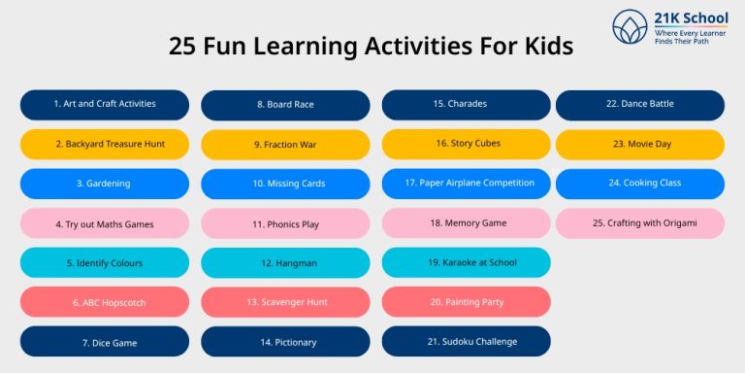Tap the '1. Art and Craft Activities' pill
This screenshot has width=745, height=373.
point(105,104)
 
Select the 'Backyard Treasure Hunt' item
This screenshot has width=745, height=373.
point(105,144)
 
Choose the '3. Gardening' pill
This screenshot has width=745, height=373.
point(105,184)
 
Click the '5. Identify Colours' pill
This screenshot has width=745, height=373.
point(105,262)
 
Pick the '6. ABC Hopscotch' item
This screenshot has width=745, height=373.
point(105,302)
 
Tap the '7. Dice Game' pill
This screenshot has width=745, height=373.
point(105,342)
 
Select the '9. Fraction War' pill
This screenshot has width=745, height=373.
point(285,145)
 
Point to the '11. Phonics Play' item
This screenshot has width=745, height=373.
point(285,223)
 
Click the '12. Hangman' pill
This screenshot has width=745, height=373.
point(285,262)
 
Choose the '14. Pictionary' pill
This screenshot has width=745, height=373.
point(285,342)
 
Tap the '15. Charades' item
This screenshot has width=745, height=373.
point(466,104)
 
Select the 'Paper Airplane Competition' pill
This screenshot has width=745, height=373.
point(466,184)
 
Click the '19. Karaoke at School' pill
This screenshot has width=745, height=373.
point(466,262)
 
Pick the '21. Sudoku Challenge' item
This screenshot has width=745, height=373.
point(466,342)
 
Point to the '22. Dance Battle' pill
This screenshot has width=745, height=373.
point(640,104)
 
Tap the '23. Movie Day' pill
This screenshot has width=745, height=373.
point(640,144)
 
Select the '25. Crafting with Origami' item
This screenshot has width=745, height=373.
point(640,223)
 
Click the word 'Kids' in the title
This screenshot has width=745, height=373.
point(544,46)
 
